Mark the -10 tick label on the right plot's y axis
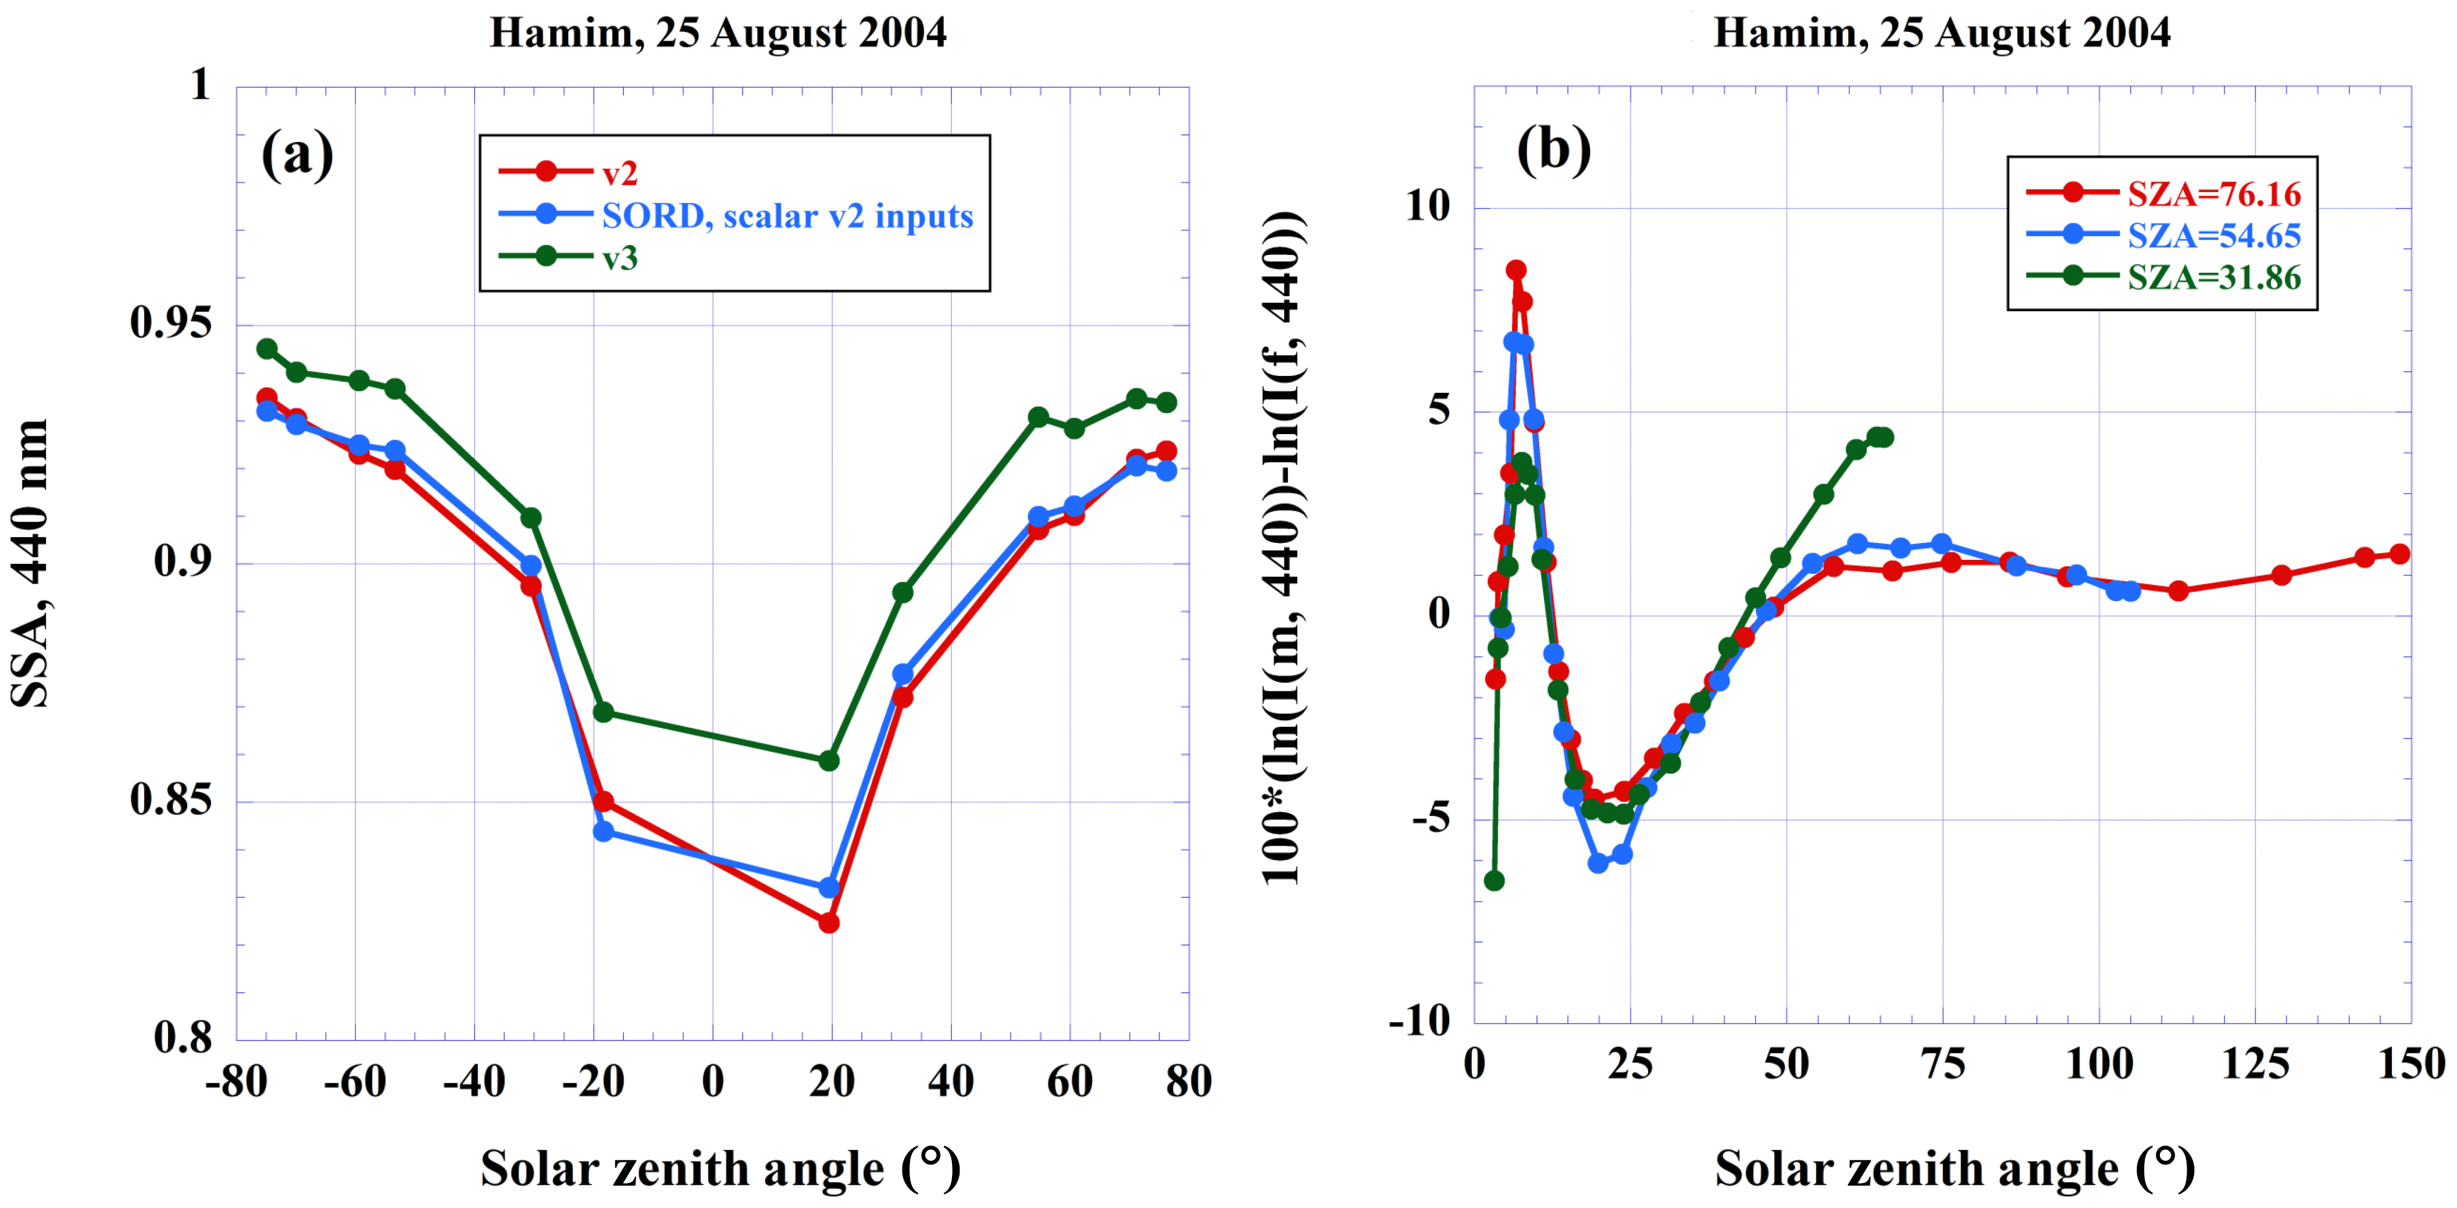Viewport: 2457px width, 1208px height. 1420,1022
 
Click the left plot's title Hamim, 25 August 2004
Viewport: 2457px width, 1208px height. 718,33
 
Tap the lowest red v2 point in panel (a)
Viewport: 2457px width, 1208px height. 829,923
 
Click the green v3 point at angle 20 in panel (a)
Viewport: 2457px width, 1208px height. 829,761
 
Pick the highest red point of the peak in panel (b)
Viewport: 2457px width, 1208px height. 1515,270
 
